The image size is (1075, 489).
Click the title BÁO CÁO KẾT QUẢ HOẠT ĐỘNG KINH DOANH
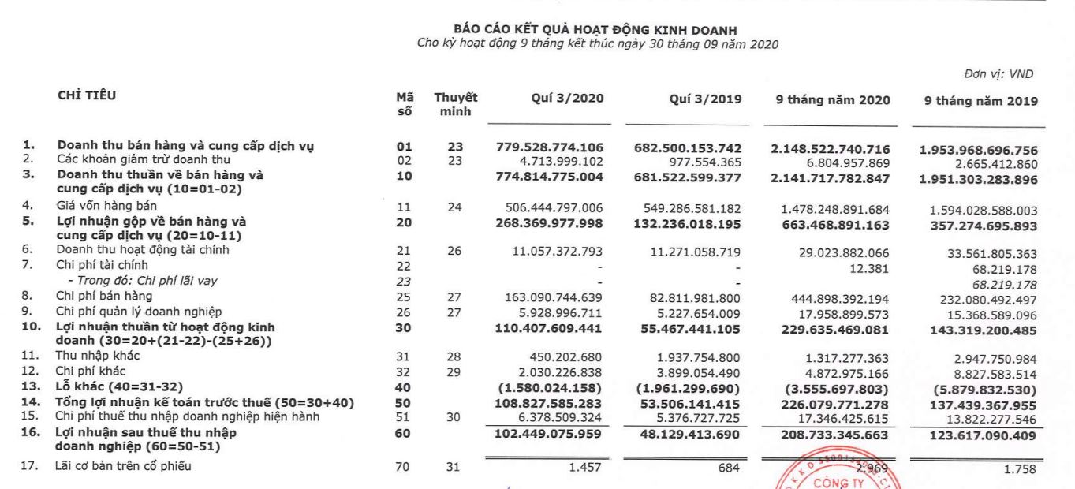pos(596,31)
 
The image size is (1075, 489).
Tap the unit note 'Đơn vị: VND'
pos(998,74)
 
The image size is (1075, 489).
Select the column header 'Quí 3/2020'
pos(568,99)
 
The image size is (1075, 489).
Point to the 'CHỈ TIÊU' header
pos(87,96)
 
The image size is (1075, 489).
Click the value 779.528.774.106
pos(550,147)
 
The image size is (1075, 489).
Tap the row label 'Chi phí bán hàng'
pos(105,296)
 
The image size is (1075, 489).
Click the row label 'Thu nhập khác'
pos(97,356)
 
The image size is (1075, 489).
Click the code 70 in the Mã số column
pos(404,467)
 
